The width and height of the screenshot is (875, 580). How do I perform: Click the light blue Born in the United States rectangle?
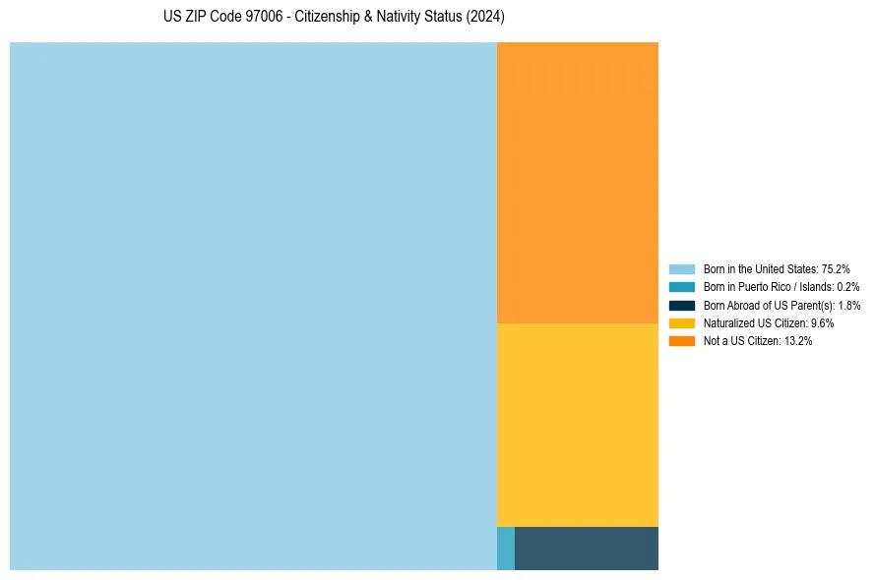point(253,306)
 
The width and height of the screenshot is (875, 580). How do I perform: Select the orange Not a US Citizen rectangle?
point(577,183)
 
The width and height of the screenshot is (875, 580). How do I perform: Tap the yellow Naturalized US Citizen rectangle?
point(577,425)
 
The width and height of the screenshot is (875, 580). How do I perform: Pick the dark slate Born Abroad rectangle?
point(586,549)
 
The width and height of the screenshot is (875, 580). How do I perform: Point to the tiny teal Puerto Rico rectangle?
point(505,549)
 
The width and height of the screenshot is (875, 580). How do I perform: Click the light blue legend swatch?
point(681,269)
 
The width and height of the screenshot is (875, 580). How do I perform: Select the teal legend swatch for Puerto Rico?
point(681,287)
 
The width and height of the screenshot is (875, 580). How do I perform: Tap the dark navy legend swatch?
point(681,305)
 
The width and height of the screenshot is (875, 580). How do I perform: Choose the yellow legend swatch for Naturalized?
point(681,322)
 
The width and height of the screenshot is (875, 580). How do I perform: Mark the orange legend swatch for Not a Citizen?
point(681,340)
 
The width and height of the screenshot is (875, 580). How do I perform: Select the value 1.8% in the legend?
point(849,305)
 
